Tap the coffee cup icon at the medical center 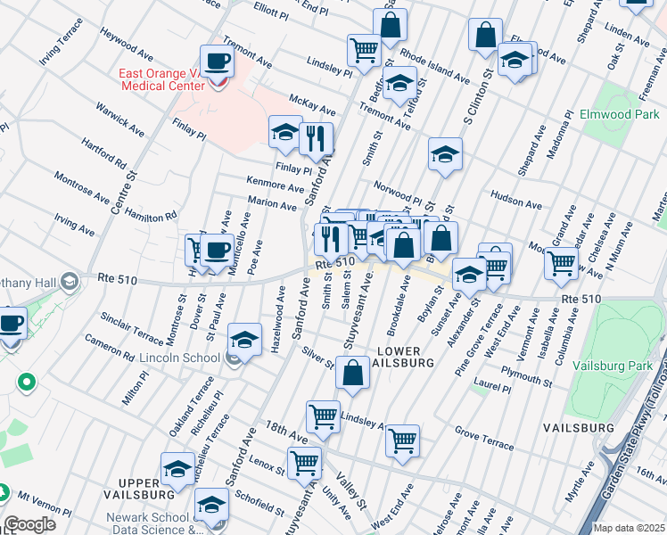coord(217,62)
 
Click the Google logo coord(29,524)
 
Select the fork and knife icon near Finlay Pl coord(316,138)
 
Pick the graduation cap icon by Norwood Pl coord(445,154)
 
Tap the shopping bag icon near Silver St coord(353,373)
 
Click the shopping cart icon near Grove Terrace coord(402,440)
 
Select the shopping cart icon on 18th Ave coord(304,464)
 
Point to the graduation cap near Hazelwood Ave coord(244,340)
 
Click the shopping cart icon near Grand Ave coord(561,262)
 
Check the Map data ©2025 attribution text coord(629,528)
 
